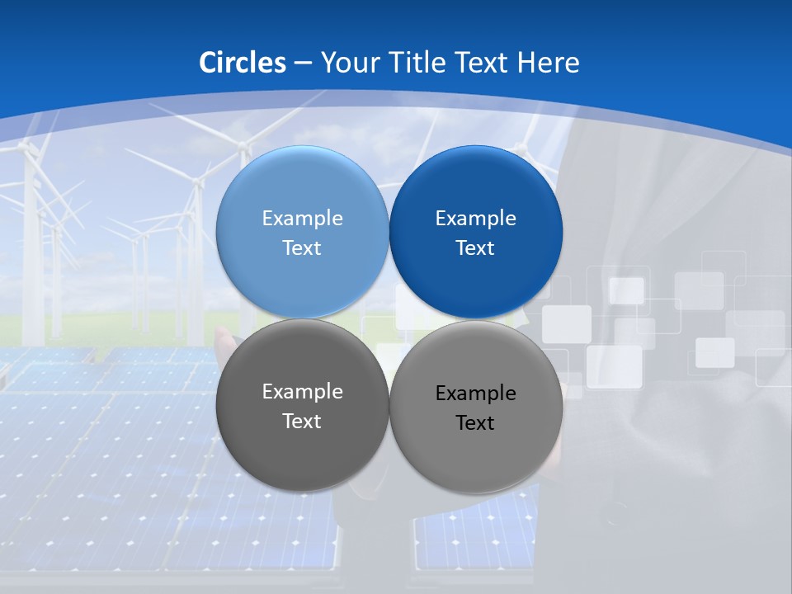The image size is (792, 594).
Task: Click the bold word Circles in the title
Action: click(242, 63)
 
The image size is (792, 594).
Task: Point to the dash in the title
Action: click(303, 64)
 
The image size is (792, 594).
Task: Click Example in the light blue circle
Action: click(302, 219)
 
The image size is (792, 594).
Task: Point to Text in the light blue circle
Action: click(302, 248)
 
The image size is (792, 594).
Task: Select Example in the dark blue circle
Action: click(475, 219)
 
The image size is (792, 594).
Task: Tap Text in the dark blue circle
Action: click(475, 248)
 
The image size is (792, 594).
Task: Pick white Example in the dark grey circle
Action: click(302, 392)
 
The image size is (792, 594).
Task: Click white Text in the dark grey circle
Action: click(302, 422)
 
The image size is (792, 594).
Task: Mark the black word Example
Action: click(475, 394)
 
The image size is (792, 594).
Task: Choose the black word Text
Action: click(475, 423)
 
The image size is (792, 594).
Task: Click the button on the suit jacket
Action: click(613, 520)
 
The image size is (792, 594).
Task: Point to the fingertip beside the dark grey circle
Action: click(221, 333)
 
